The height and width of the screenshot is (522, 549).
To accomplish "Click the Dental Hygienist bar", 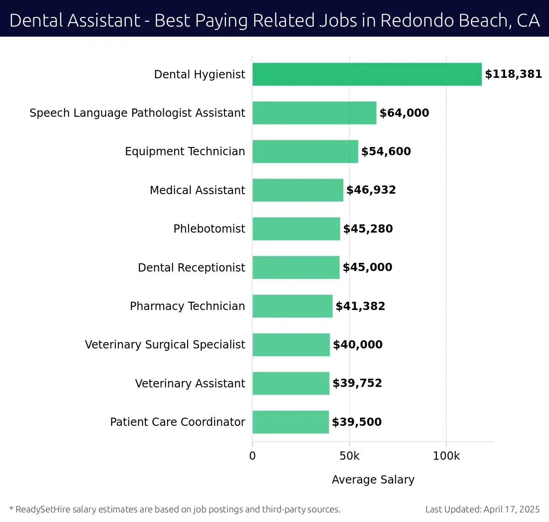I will pyautogui.click(x=367, y=74).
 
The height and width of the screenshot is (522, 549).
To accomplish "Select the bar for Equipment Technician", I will pyautogui.click(x=305, y=152).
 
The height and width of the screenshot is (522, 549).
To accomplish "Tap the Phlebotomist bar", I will pyautogui.click(x=296, y=229).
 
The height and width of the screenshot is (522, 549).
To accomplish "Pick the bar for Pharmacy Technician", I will pyautogui.click(x=292, y=306).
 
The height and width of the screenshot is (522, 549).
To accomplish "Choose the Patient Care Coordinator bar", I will pyautogui.click(x=291, y=422).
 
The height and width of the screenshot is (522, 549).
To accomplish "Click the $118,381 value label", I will pyautogui.click(x=513, y=74).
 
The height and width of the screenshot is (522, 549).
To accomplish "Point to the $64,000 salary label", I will pyautogui.click(x=404, y=113).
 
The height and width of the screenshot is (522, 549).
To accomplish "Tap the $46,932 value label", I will pyautogui.click(x=371, y=190).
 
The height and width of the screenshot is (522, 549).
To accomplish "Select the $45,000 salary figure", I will pyautogui.click(x=367, y=267).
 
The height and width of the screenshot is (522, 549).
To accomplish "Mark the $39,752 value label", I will pyautogui.click(x=357, y=383).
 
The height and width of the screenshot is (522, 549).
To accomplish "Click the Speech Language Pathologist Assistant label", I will pyautogui.click(x=137, y=113).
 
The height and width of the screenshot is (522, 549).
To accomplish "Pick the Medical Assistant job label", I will pyautogui.click(x=197, y=190).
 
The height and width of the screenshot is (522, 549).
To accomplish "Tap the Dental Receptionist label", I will pyautogui.click(x=191, y=268).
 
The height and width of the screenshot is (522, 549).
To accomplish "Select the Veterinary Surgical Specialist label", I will pyautogui.click(x=165, y=345).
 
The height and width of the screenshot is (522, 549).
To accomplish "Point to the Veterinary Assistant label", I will pyautogui.click(x=190, y=384).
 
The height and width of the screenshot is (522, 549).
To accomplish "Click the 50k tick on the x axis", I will pyautogui.click(x=350, y=456).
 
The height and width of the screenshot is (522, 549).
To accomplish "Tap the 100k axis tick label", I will pyautogui.click(x=446, y=456).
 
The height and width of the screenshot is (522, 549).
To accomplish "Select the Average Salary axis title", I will pyautogui.click(x=373, y=480).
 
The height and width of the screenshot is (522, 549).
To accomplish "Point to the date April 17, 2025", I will pyautogui.click(x=511, y=509).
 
